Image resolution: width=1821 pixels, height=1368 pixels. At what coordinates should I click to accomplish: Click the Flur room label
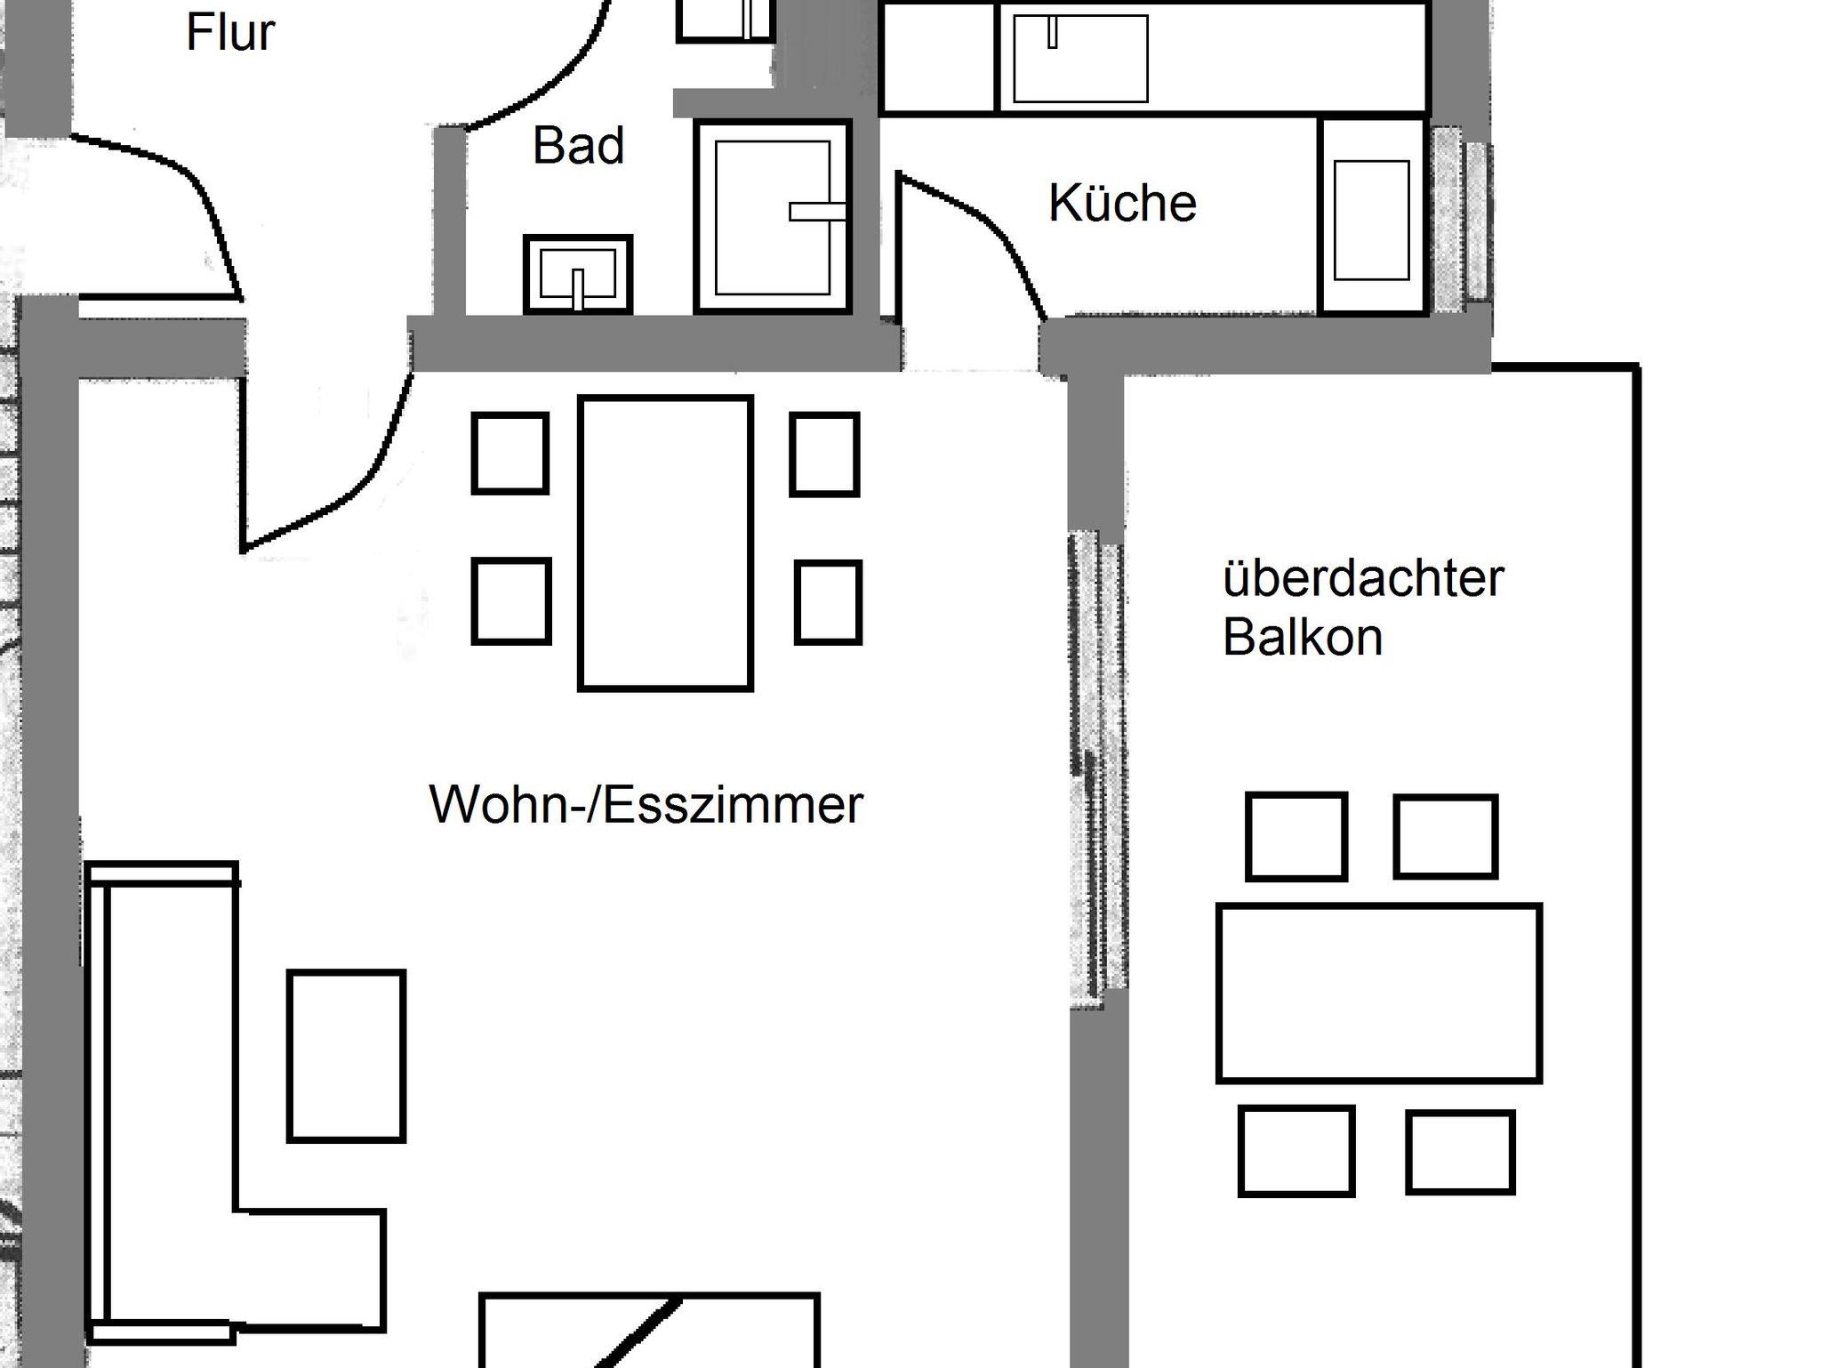tap(230, 33)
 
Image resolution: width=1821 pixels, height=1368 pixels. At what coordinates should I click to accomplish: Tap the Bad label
tap(578, 145)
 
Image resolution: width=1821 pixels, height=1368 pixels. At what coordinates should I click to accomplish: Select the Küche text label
tap(1122, 203)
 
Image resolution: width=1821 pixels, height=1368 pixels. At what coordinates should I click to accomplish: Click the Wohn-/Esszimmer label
tap(646, 804)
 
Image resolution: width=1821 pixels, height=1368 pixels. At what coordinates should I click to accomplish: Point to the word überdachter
tap(1363, 578)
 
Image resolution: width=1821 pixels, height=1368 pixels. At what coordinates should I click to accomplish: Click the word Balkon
tap(1303, 637)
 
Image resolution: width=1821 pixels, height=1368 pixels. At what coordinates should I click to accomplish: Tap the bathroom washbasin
tap(578, 274)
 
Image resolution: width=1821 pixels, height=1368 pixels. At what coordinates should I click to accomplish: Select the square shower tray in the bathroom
tap(773, 217)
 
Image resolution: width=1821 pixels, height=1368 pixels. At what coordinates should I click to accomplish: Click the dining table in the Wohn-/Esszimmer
tap(666, 543)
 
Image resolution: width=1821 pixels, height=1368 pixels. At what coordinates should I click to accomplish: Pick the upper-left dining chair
tap(509, 453)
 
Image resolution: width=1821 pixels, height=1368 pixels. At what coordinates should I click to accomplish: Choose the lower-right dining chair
tap(828, 602)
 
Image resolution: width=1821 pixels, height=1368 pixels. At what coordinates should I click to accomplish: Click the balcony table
tap(1379, 993)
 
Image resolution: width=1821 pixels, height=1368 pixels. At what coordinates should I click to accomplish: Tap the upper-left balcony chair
tap(1296, 837)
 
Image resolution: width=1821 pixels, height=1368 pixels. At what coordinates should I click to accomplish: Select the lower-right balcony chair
tap(1460, 1152)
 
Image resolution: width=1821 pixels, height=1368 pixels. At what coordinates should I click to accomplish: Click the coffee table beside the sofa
tap(347, 1056)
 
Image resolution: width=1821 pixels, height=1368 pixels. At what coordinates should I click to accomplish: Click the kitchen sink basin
tap(1080, 59)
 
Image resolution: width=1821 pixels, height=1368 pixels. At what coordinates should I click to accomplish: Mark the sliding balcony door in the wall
tap(1097, 765)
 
